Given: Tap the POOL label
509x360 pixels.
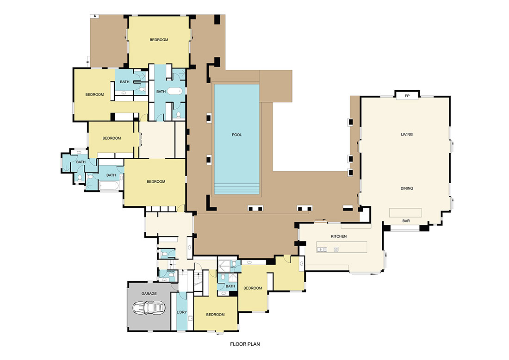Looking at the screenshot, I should click(237, 135).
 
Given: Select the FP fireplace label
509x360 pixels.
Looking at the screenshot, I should click(407, 96).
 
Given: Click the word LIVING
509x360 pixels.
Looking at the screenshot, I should click(407, 135).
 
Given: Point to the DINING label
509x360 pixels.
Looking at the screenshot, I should click(407, 188).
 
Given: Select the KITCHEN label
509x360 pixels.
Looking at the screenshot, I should click(339, 236).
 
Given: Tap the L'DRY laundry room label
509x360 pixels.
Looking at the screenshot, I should click(182, 312).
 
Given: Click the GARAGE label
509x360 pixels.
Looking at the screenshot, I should click(149, 293).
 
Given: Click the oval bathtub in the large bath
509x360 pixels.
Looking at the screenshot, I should click(175, 91).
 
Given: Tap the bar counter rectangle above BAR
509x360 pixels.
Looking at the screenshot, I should click(405, 212).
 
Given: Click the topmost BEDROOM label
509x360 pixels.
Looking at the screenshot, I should click(159, 40).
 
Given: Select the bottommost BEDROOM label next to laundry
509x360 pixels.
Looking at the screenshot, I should click(215, 315).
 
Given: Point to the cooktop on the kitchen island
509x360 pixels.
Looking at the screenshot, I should click(336, 249).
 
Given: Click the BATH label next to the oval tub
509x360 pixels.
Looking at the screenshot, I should click(161, 92).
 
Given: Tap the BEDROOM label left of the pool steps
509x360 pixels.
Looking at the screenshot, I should click(156, 181).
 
